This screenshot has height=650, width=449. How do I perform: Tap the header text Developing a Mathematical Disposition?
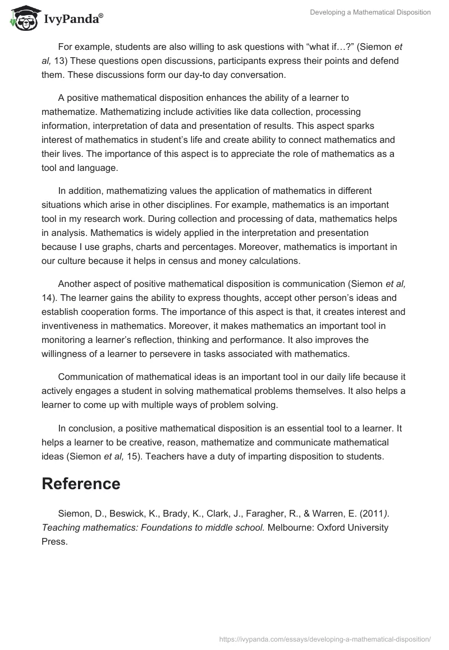pyautogui.click(x=370, y=12)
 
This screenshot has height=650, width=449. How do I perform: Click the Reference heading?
pyautogui.click(x=81, y=484)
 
